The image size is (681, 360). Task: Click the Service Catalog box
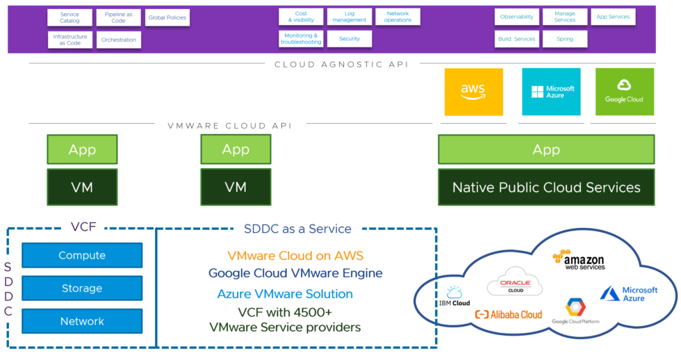(x=69, y=17)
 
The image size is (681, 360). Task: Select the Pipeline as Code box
(x=119, y=17)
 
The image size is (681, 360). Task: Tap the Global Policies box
(x=167, y=17)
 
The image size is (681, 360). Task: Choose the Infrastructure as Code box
(x=69, y=40)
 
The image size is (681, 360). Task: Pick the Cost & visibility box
(x=301, y=17)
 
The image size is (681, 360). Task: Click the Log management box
(x=350, y=17)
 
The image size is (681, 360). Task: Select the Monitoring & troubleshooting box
(x=301, y=39)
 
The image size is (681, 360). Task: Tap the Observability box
(x=516, y=17)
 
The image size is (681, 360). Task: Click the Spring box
(x=565, y=39)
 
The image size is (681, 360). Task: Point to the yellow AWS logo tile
(x=473, y=92)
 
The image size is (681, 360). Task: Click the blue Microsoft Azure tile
(x=551, y=92)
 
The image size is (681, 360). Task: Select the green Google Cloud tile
(x=624, y=92)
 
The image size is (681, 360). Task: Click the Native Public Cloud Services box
(x=546, y=187)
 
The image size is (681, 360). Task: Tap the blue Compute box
(x=82, y=255)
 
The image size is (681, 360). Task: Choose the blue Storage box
(x=82, y=288)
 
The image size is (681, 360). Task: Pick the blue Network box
(x=82, y=321)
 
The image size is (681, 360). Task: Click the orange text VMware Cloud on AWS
(x=295, y=256)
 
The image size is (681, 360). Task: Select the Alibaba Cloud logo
(x=508, y=314)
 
